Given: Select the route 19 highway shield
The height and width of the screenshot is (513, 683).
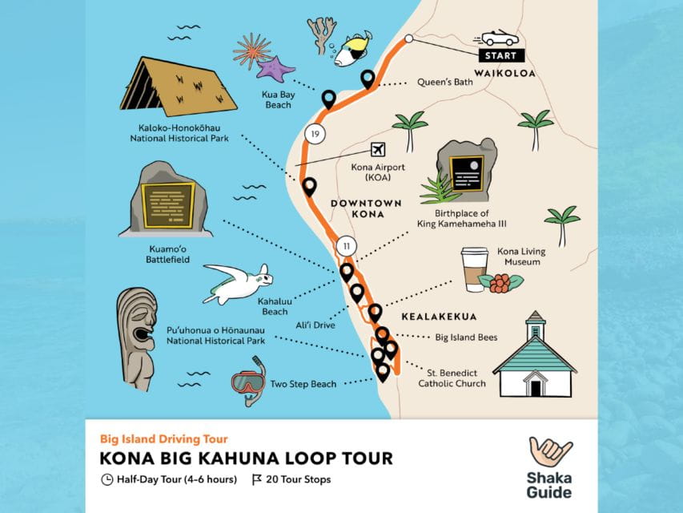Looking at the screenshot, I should [x=315, y=133].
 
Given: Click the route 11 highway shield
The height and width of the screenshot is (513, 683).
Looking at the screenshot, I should [x=346, y=245].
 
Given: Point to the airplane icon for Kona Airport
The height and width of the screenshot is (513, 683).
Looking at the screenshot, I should [x=378, y=150].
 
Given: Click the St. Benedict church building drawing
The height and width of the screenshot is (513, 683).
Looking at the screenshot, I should [x=534, y=357].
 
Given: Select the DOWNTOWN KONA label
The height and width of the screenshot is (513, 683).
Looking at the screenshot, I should [x=356, y=208].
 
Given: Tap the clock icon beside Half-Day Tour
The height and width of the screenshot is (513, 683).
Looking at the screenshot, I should [x=107, y=480].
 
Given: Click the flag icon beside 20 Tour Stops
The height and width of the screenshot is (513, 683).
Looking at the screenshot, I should [x=257, y=480].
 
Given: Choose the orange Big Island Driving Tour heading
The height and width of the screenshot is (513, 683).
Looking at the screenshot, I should [x=163, y=438].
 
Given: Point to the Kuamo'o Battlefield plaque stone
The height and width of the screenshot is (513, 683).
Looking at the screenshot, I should [x=167, y=202].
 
